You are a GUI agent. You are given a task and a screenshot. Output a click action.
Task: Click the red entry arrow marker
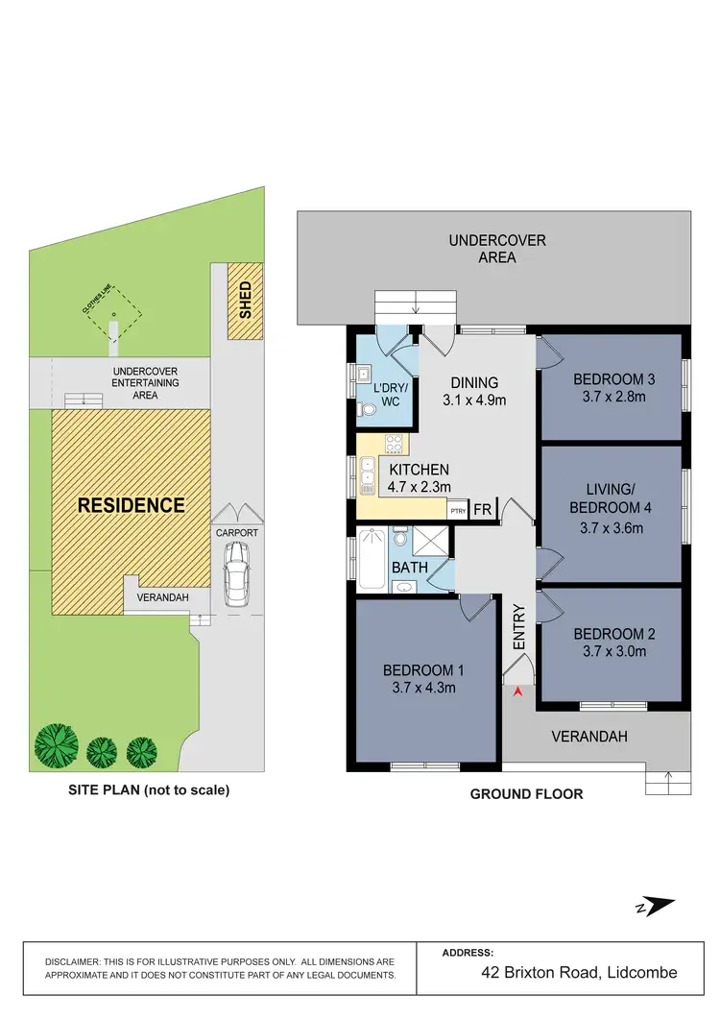(519, 691)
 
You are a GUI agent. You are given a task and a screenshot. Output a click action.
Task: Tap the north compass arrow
(660, 906)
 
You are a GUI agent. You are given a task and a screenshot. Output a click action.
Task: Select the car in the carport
(235, 573)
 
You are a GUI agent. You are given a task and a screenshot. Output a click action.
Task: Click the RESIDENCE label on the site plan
(131, 505)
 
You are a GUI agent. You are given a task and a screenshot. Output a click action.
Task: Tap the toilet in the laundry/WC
(365, 409)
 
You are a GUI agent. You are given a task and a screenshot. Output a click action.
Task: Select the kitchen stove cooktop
(393, 445)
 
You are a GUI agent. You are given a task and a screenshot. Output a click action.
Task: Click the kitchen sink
(367, 475)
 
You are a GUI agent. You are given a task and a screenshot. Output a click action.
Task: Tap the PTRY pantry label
(458, 511)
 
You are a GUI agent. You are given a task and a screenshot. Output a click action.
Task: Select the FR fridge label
(483, 510)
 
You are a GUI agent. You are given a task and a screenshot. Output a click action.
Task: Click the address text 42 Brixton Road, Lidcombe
(579, 973)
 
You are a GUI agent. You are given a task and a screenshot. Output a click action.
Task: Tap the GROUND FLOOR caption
(526, 794)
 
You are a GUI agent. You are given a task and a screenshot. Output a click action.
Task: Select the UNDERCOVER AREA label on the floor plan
(496, 249)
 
